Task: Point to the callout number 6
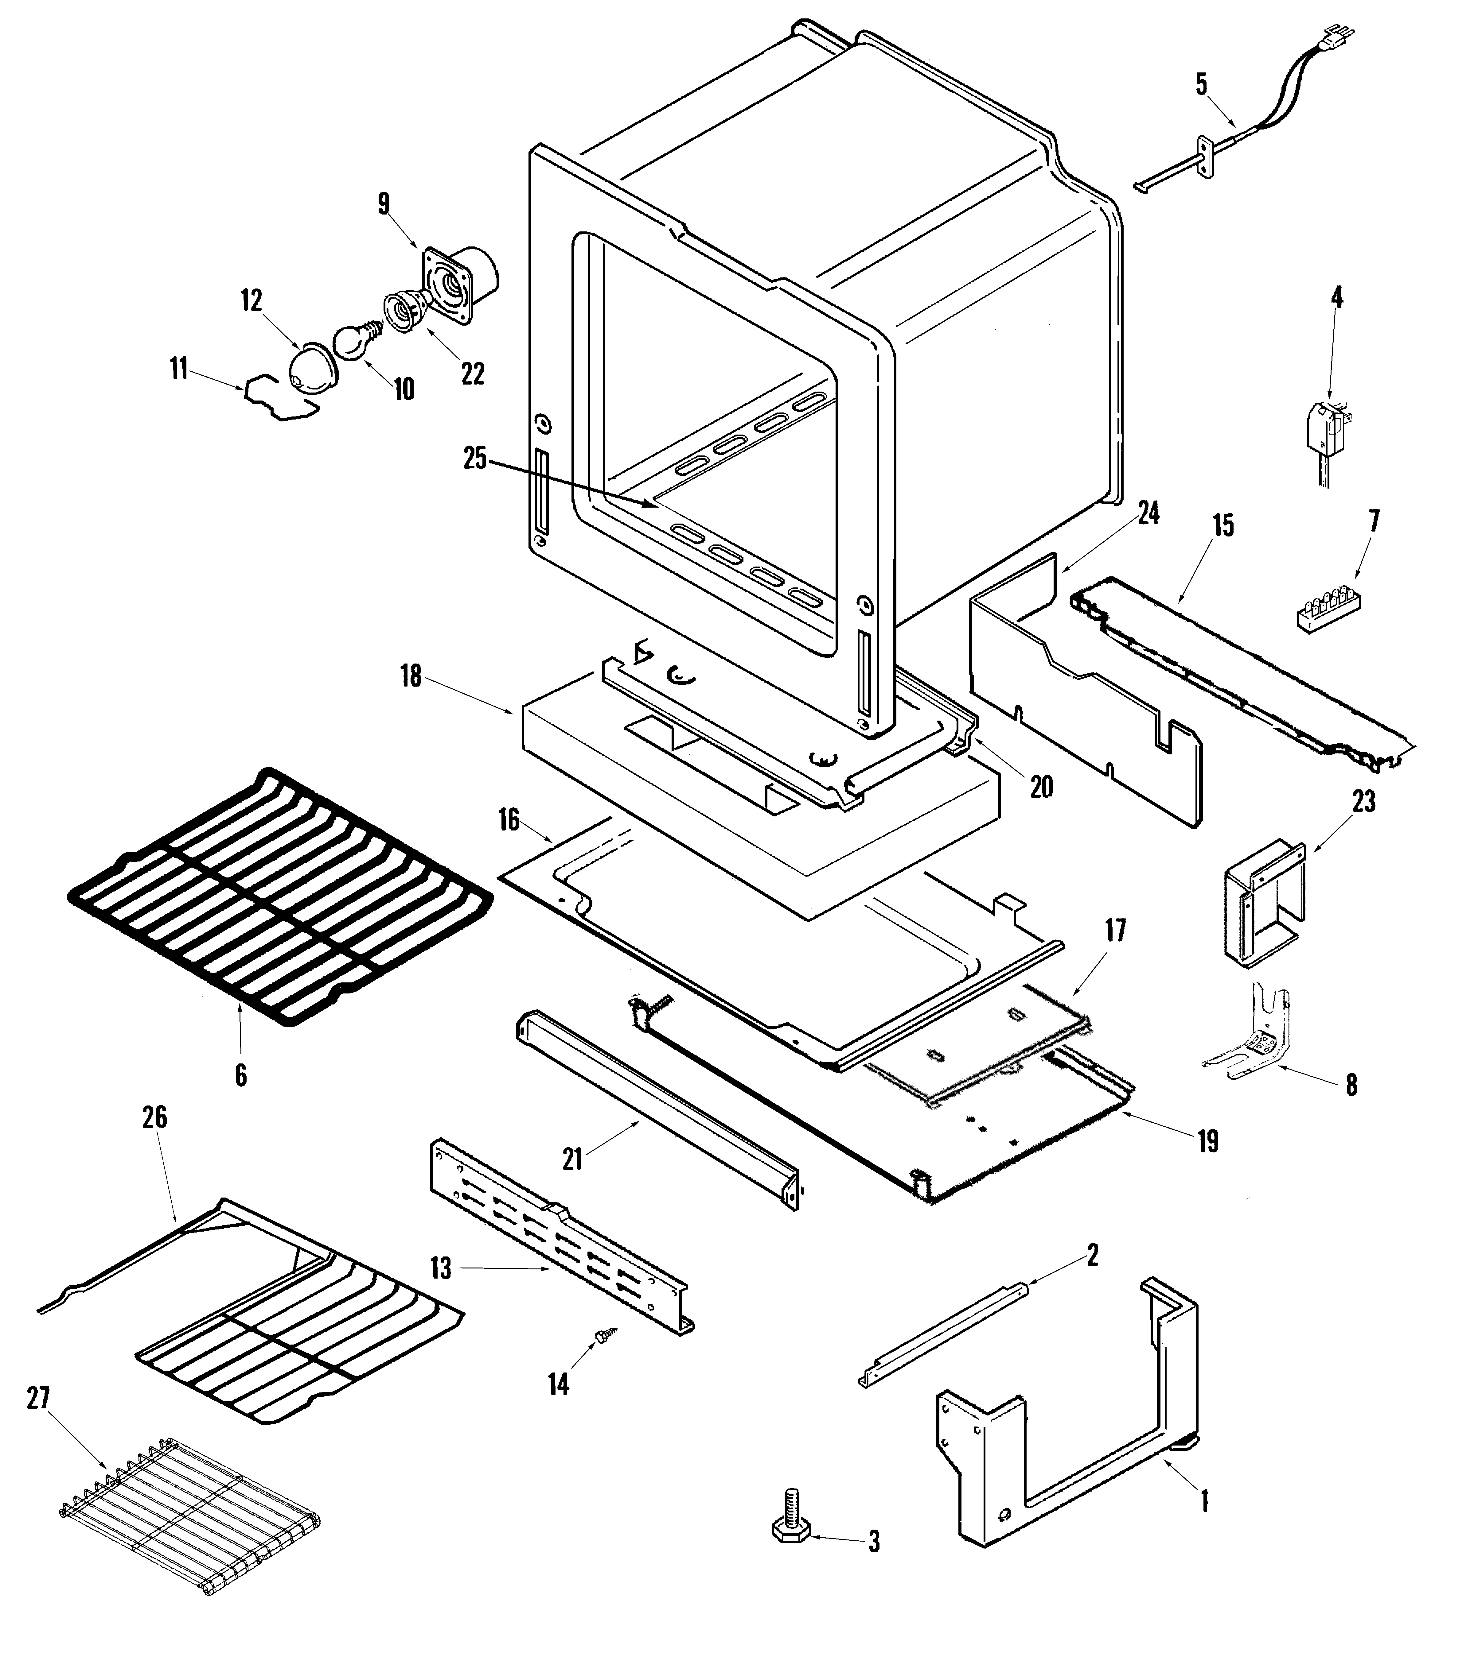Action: click(240, 1075)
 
